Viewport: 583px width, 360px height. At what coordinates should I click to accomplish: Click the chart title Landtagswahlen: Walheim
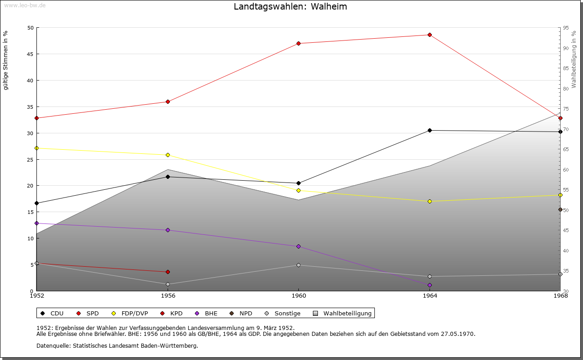coord(290,7)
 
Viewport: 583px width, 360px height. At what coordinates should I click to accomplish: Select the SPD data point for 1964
coord(430,35)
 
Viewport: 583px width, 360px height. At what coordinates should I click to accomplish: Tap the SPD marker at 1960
coord(298,44)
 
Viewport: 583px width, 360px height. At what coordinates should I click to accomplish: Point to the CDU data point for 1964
coord(430,131)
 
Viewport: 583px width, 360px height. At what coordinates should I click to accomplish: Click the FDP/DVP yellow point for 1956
coord(168,155)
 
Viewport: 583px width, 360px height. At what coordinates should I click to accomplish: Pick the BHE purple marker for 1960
coord(298,247)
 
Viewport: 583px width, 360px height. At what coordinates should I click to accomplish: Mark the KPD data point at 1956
coord(168,272)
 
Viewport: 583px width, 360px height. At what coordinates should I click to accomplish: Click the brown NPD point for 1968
coord(560,210)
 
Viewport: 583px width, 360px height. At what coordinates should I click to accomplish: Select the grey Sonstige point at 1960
coord(298,265)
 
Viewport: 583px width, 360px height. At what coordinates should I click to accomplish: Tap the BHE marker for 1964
coord(430,285)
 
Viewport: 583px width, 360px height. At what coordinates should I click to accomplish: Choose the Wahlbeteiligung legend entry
coord(347,314)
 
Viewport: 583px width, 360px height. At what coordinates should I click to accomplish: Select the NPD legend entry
coord(245,314)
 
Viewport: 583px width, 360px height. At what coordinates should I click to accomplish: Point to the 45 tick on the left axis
coord(31,54)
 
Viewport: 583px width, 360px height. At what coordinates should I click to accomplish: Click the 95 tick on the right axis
coord(566,28)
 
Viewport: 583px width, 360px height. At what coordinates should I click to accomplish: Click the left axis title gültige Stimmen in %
coord(5,61)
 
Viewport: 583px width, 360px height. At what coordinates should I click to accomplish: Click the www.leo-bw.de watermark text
coord(24,5)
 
